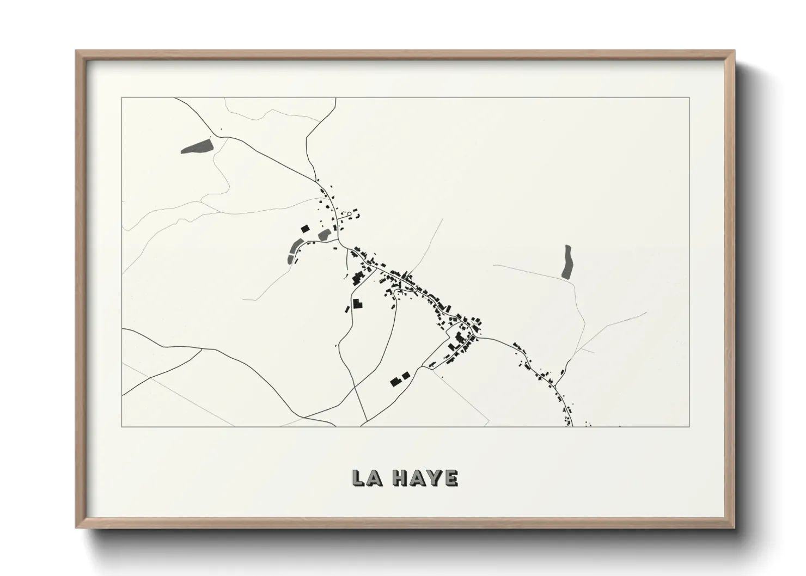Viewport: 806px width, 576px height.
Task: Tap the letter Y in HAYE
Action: [434, 477]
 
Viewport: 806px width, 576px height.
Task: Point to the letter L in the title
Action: [359, 477]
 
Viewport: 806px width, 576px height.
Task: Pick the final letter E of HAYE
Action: [451, 477]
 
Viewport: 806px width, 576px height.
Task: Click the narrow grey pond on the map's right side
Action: [567, 262]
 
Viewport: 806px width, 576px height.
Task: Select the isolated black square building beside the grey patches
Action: [305, 229]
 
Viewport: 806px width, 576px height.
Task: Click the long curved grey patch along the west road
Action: [294, 250]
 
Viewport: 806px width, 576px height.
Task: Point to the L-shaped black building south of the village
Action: [357, 303]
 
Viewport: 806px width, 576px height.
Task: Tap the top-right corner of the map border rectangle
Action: [689, 97]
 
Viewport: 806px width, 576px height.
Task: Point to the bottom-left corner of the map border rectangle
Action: [122, 426]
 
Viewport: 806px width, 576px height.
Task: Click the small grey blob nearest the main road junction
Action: [324, 235]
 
